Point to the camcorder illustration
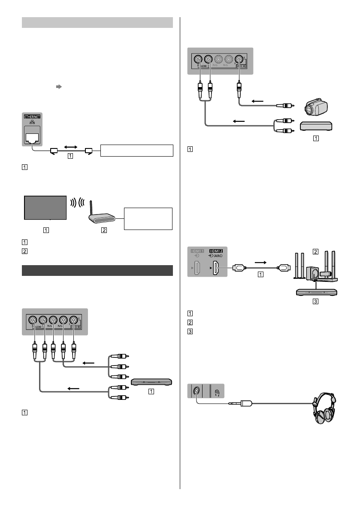[315, 108]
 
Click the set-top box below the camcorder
[315, 127]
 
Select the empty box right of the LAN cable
[136, 151]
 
